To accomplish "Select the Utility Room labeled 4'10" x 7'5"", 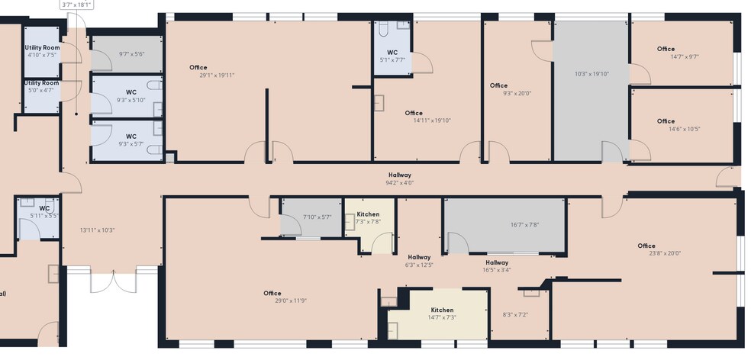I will tap(41, 51).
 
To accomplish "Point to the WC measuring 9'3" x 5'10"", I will tap(131, 96).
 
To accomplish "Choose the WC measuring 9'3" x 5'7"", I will tap(131, 140).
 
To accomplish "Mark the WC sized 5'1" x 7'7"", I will tap(392, 56).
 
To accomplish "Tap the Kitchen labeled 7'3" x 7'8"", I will tap(368, 222).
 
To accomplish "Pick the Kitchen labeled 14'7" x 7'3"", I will tap(442, 314).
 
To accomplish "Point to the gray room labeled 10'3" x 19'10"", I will tap(591, 75).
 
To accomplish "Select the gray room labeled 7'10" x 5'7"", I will tap(317, 217).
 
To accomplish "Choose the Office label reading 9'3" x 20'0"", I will tap(516, 90).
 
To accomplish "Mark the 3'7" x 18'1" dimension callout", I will tap(76, 5).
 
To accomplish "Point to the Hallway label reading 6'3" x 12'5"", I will tap(419, 261).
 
